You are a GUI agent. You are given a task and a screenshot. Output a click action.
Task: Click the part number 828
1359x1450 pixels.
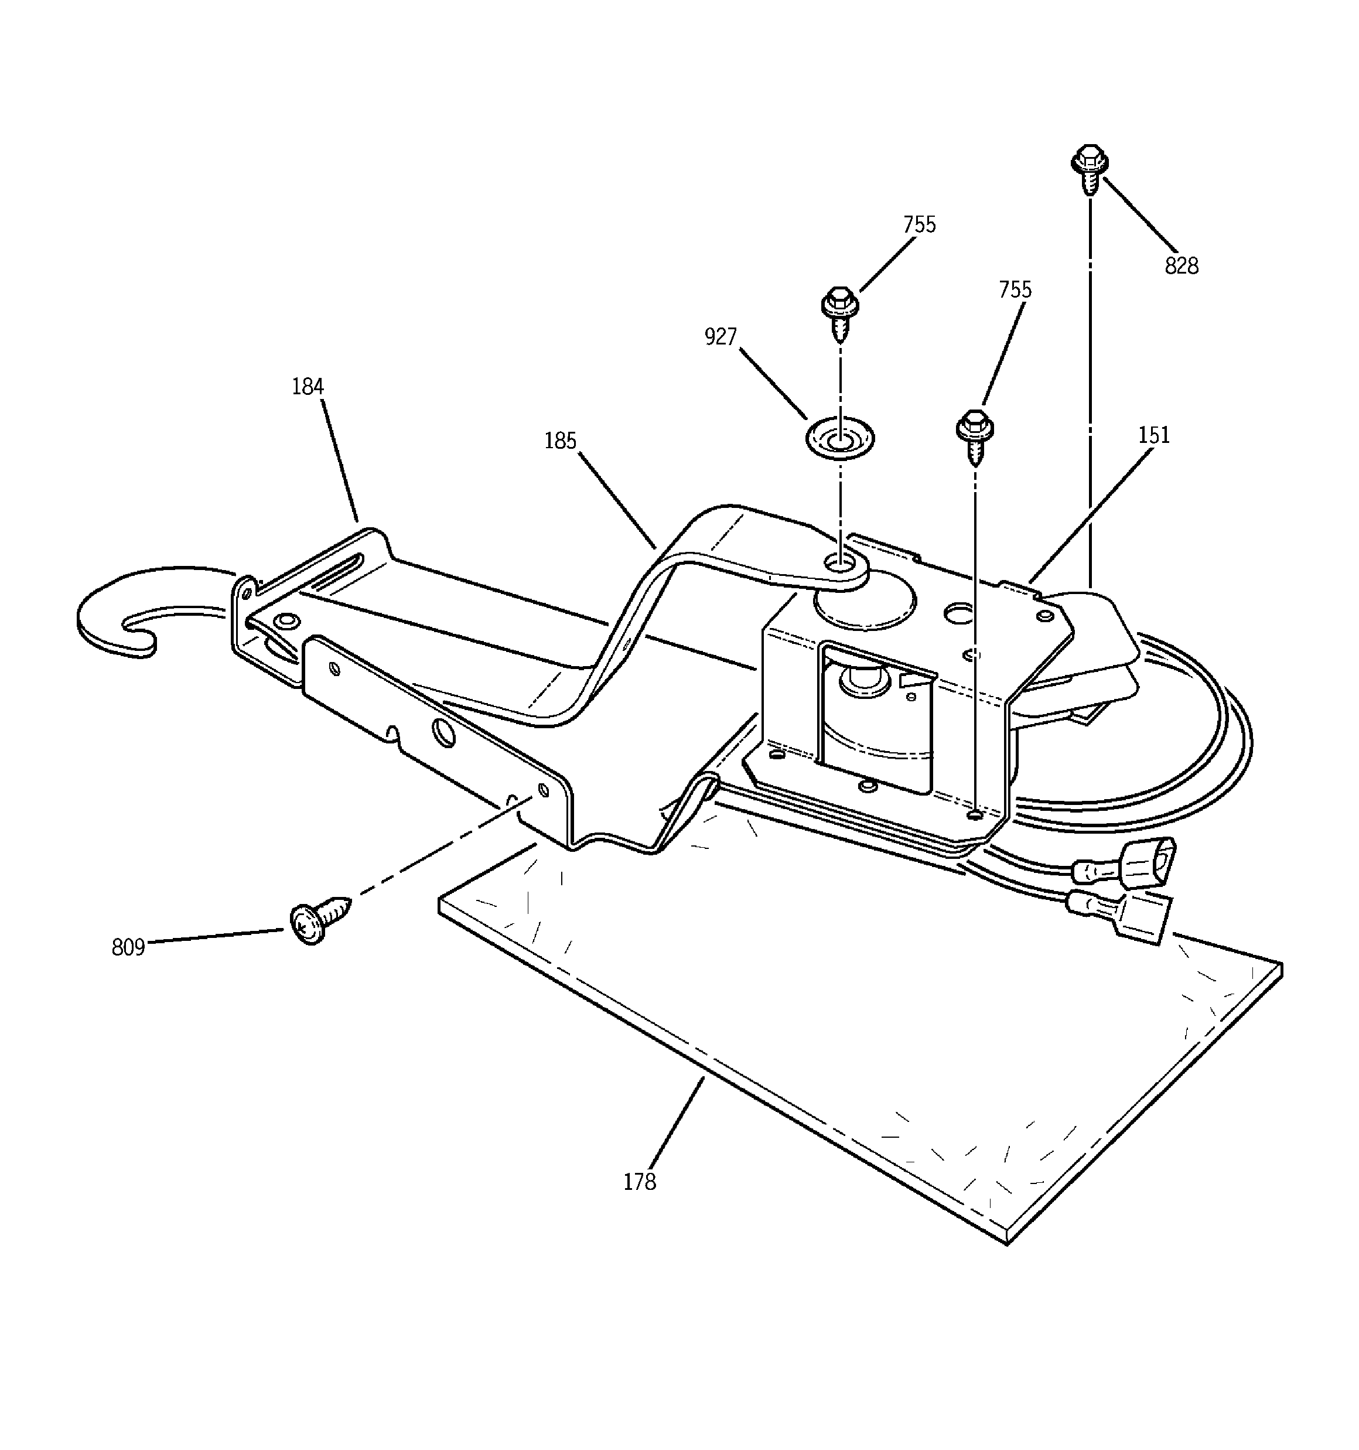pos(1181,266)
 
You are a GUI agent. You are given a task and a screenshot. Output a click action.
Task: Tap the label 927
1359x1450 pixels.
pos(720,336)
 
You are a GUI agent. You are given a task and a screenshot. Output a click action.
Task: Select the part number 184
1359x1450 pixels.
pos(307,387)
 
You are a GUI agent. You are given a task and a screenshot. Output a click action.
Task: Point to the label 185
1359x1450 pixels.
pos(560,441)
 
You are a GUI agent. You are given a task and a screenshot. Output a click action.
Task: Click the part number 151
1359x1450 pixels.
pos(1153,435)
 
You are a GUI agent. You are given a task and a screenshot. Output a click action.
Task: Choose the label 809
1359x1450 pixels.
pos(128,947)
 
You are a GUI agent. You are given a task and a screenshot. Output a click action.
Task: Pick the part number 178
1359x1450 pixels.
pos(639,1182)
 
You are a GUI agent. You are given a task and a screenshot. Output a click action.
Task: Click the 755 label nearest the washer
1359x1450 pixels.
pos(919,224)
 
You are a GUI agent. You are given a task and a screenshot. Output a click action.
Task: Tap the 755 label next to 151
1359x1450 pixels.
pos(1015,289)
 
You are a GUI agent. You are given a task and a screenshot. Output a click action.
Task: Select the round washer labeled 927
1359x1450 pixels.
pos(839,439)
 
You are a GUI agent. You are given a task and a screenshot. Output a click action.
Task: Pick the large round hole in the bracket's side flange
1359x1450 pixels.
pos(443,732)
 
